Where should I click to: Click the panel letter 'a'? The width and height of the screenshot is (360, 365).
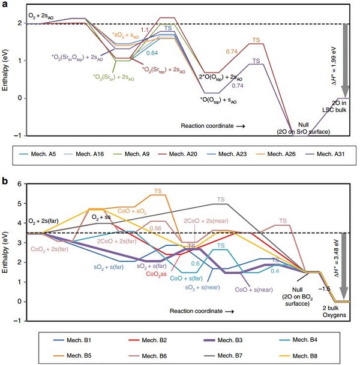[4, 4]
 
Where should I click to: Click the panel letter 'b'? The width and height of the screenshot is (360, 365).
[4, 178]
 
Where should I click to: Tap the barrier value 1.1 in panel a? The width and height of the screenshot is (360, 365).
[145, 29]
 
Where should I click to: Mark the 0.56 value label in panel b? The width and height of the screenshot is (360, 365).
[155, 228]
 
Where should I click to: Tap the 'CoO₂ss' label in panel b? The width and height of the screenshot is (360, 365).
[156, 275]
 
